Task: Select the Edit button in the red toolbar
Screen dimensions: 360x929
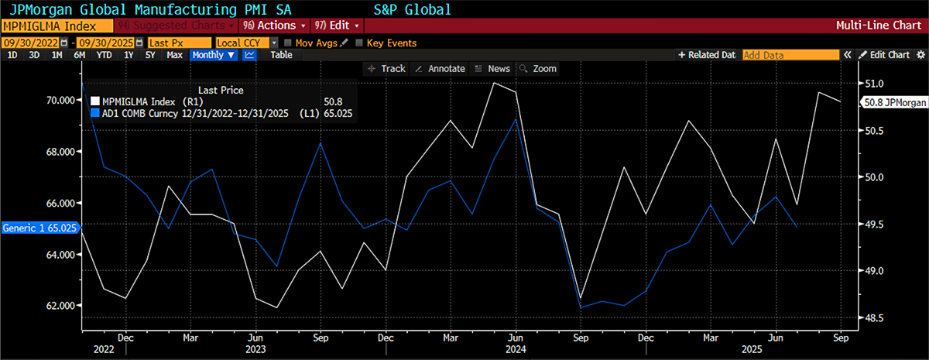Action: pos(334,26)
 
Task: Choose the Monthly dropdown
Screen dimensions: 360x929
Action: pos(212,55)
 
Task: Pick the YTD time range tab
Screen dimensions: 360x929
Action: pos(104,55)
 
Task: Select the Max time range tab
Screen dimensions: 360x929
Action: pos(174,55)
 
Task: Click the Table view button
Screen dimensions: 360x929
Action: pos(281,55)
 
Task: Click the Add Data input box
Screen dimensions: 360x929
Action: pos(790,55)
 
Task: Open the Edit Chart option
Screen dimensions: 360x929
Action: pos(884,55)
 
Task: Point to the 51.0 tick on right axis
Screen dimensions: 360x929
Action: pos(874,83)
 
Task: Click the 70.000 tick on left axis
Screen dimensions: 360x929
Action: pos(61,100)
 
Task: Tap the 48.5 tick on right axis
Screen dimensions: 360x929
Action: pos(874,318)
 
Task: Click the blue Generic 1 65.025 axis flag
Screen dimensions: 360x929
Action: pos(39,228)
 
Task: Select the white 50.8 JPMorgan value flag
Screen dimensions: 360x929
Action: pos(894,102)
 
